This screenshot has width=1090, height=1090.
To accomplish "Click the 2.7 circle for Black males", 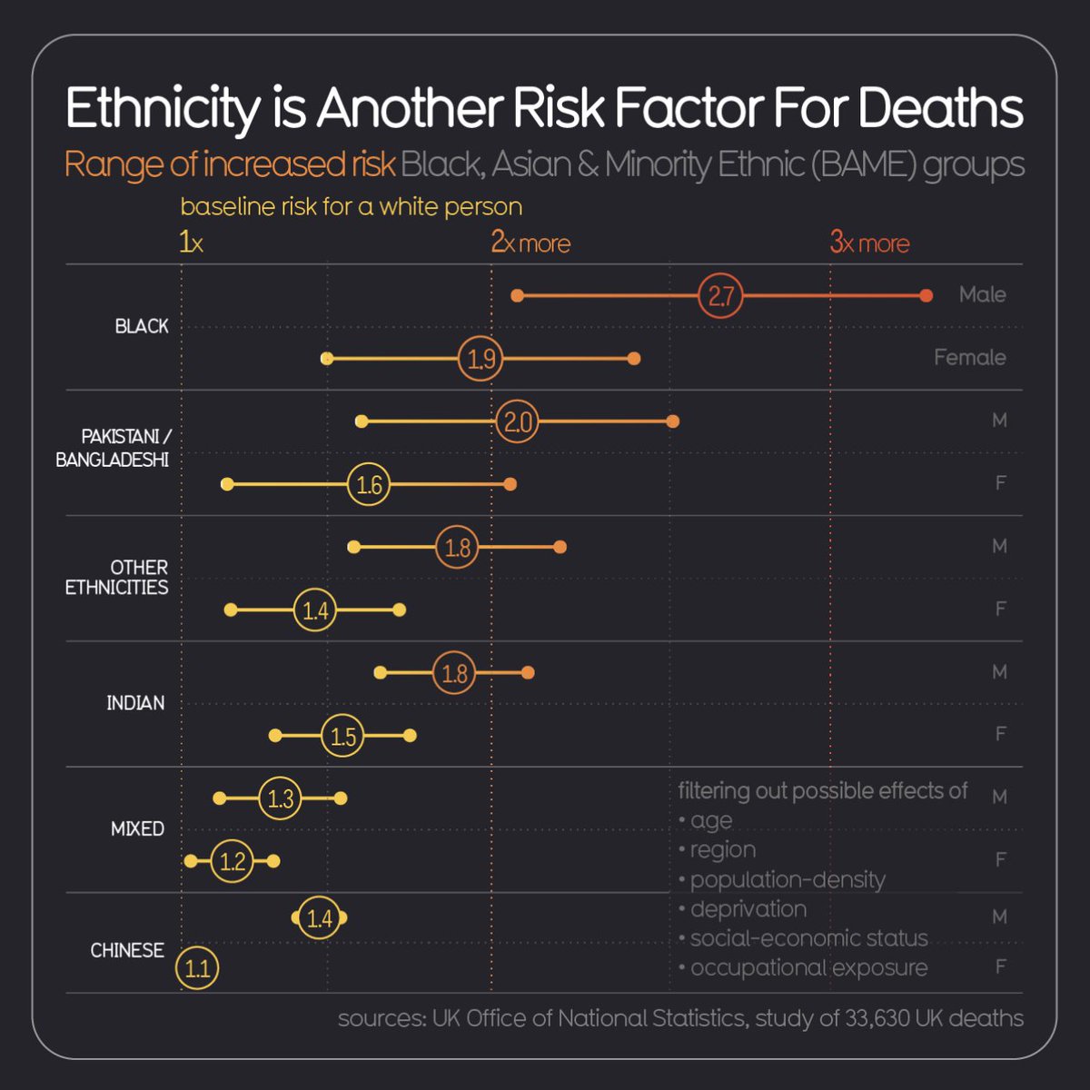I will coord(720,296).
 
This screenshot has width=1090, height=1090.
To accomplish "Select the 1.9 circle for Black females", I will coord(481,359).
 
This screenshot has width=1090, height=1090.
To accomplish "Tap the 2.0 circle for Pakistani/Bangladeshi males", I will coord(517,421).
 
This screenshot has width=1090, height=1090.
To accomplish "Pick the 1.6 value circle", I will coord(369,484).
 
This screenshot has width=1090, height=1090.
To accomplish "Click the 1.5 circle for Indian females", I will coord(342,735).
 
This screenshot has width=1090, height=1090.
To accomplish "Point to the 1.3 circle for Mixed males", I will coord(280,798).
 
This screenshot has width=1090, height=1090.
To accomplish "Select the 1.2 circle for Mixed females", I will coord(233,861).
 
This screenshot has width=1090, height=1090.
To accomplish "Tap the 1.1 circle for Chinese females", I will coord(197,968).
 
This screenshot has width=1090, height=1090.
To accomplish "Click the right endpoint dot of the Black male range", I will coord(926,296).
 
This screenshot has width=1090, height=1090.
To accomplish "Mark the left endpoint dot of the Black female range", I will coord(327,359).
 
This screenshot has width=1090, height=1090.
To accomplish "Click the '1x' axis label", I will coord(191,243).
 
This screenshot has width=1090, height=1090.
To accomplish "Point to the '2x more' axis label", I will coord(530,243).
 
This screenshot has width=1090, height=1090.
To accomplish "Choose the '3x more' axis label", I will coord(869,243).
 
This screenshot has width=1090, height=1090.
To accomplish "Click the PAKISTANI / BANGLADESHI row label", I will coord(113,449).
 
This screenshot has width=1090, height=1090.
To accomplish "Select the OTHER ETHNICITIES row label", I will coord(117,577).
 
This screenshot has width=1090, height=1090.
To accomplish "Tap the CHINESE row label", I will coord(127,950).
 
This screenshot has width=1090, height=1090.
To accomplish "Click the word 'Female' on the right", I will coord(969,358).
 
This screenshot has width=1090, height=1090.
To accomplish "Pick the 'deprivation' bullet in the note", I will coord(748,909).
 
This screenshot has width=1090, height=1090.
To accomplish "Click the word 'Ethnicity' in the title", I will coord(162,109).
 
